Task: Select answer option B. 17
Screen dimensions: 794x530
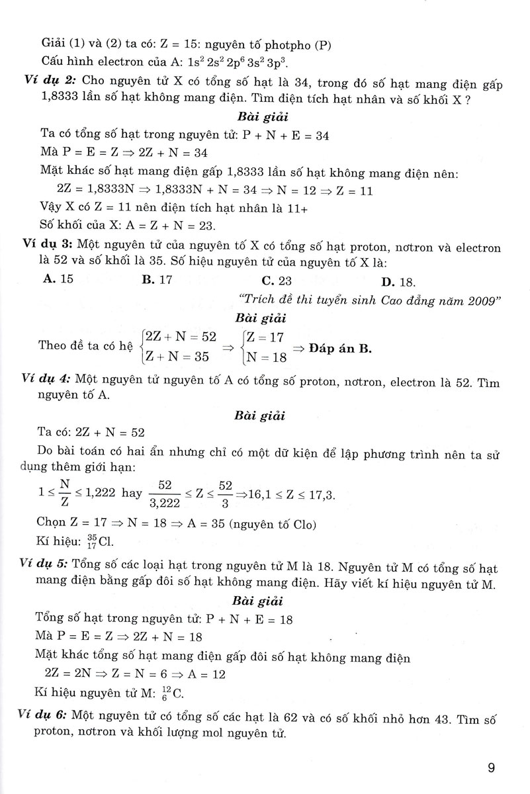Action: point(157,279)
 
